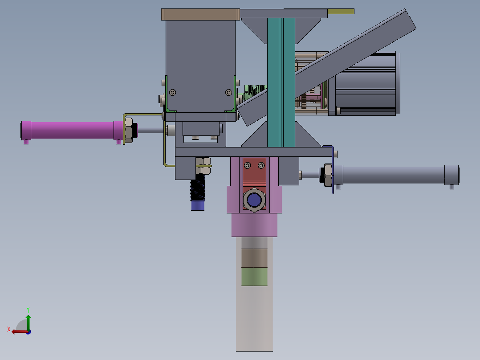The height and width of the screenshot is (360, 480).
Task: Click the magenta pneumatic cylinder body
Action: pos(71,130)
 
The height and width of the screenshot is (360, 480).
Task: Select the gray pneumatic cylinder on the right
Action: pos(392,175)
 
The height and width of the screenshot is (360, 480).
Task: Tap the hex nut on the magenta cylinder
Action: pos(129,130)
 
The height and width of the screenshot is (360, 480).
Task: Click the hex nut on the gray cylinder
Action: pos(328,175)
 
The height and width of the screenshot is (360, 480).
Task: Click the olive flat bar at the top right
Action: pos(341,11)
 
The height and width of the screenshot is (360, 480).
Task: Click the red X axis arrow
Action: pos(18,331)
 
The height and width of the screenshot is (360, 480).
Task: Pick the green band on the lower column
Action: pos(254,277)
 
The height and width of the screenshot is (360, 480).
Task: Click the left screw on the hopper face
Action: pos(173,92)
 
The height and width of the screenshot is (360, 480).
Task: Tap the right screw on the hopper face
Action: pos(228,92)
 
